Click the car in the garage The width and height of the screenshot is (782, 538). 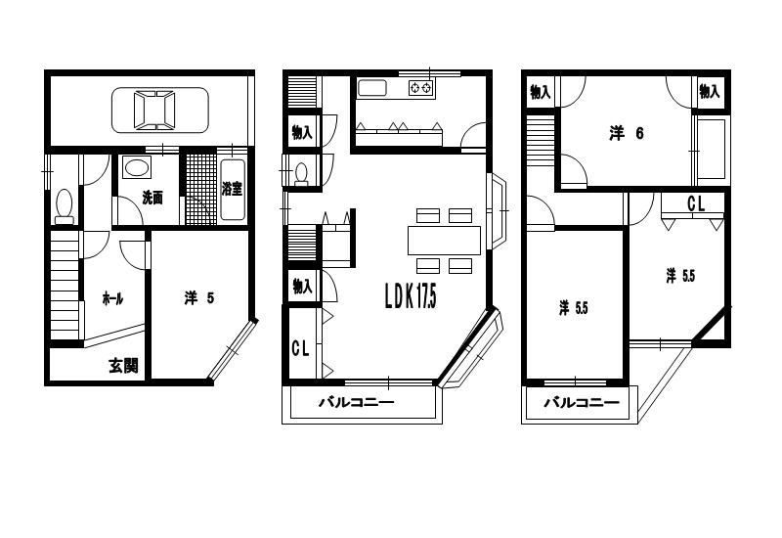(160, 111)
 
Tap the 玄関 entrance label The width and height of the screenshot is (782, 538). (123, 366)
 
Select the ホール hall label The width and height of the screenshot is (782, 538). (112, 299)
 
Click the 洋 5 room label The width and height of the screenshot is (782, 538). (199, 298)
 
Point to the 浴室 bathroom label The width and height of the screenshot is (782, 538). (233, 189)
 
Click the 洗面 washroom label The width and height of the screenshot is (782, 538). (152, 198)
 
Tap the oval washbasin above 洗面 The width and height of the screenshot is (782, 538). (137, 166)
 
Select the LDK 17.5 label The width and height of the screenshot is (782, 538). (411, 296)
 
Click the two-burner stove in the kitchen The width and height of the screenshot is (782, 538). (421, 88)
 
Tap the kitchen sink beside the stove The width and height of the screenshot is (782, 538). (372, 88)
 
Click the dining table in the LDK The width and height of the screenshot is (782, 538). (445, 241)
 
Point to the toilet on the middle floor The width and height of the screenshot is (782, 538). (301, 175)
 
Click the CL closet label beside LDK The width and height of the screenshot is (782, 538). (300, 348)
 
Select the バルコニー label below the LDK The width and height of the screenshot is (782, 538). (357, 402)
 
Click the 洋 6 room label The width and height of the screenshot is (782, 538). (627, 134)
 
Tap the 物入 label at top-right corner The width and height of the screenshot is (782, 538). (710, 92)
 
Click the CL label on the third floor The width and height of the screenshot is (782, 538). (696, 203)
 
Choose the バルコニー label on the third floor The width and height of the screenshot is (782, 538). (582, 402)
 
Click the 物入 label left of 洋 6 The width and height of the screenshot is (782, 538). (541, 92)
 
